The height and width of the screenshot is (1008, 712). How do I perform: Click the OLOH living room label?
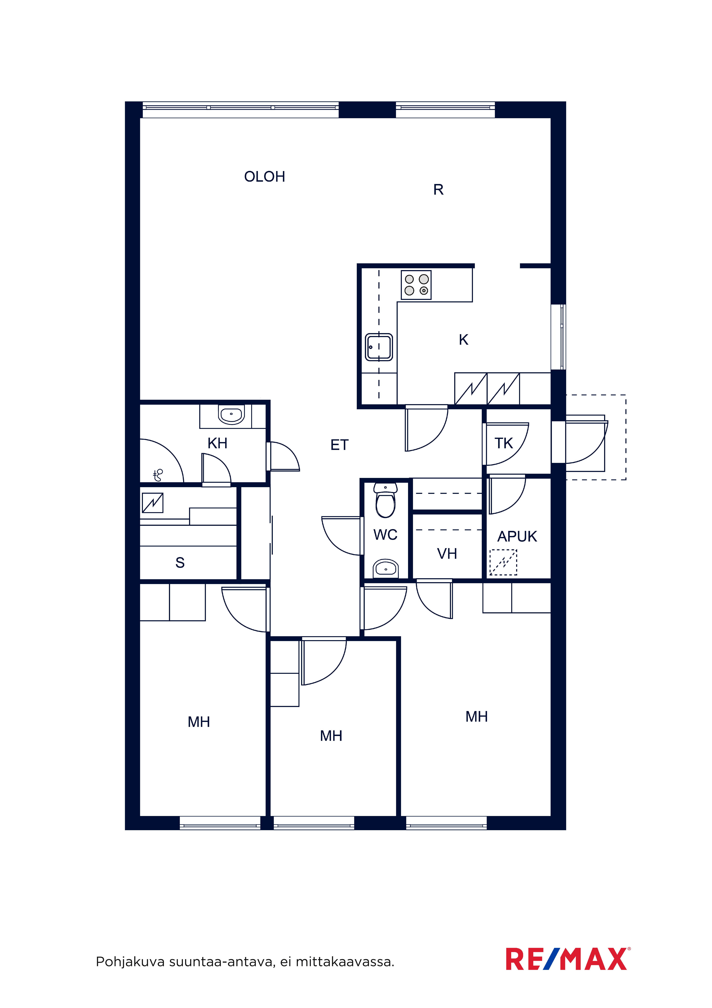[265, 177]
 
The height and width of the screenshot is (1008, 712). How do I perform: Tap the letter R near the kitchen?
[438, 190]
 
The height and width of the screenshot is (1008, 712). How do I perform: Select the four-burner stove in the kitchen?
[416, 285]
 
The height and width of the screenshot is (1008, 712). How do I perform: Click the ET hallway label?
[339, 445]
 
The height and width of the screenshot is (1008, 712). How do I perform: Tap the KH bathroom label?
[217, 443]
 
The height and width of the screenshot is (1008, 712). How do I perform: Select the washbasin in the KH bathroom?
[232, 414]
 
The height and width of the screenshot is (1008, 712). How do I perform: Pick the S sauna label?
[180, 562]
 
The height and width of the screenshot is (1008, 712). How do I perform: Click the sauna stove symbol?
[153, 503]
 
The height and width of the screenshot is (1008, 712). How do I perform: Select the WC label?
[385, 535]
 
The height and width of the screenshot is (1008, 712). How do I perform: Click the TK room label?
[504, 443]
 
